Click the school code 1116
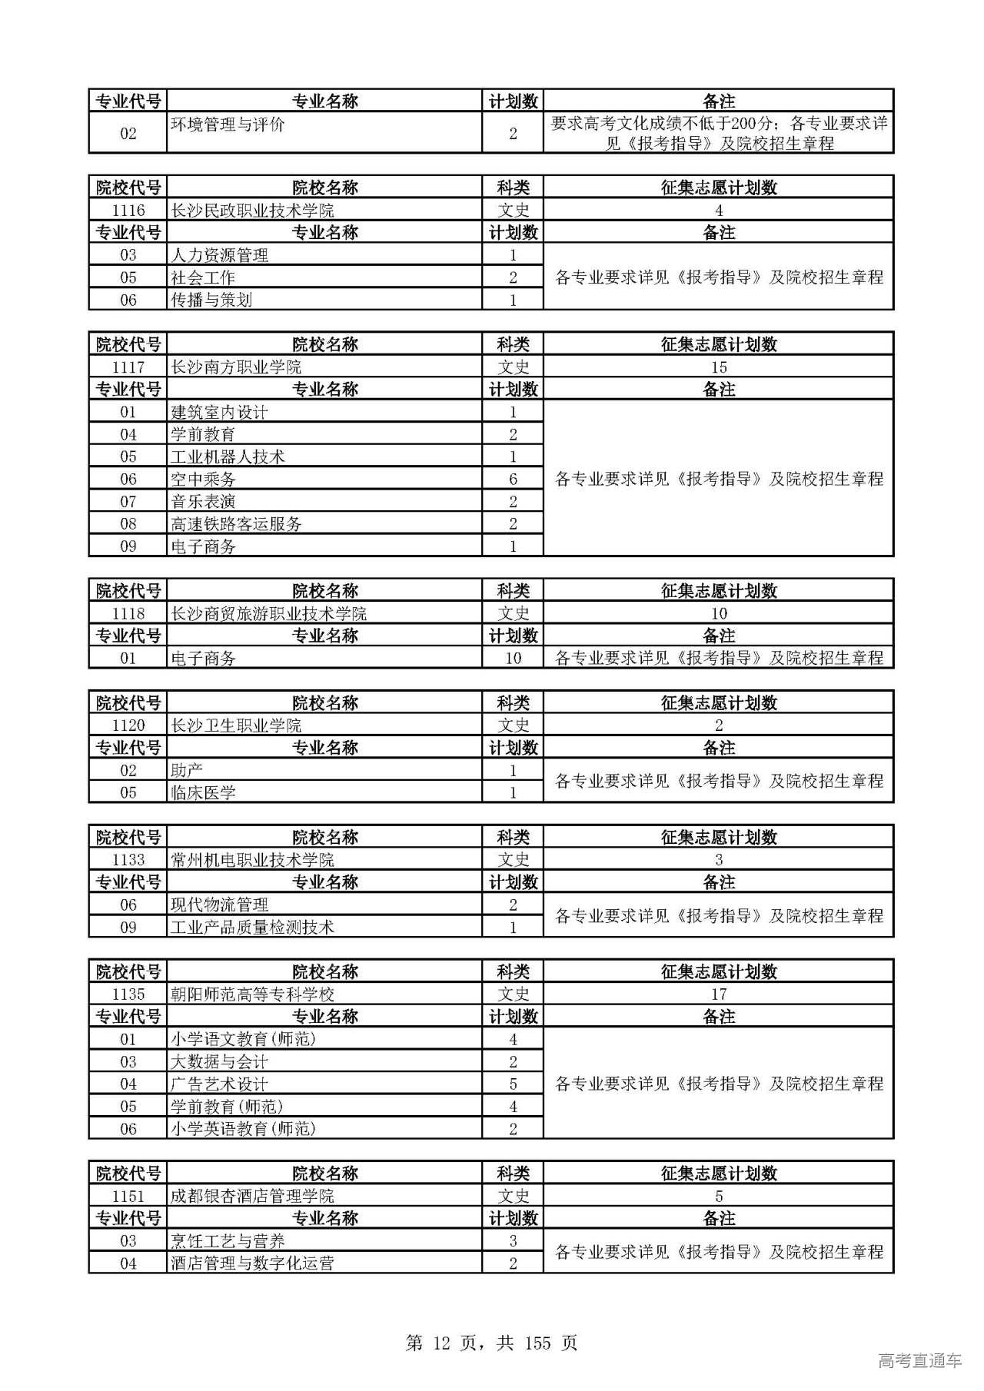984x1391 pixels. [x=128, y=211]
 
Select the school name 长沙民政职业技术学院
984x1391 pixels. [x=252, y=211]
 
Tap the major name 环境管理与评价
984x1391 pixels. [x=228, y=124]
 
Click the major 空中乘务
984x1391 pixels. [x=203, y=480]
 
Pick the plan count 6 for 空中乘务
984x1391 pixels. [x=513, y=480]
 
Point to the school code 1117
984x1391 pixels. [x=128, y=367]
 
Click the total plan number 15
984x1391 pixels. [x=718, y=367]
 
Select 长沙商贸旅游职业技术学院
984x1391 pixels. [x=268, y=614]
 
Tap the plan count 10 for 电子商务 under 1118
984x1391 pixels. [x=513, y=659]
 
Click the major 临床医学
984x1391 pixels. [x=203, y=793]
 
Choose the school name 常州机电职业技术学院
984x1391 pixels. [x=252, y=860]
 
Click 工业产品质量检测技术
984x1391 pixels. [x=252, y=928]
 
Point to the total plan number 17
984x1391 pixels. [x=718, y=994]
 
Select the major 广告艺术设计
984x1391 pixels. [x=219, y=1084]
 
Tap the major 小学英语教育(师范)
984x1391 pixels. [x=243, y=1129]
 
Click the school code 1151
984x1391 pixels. [x=128, y=1197]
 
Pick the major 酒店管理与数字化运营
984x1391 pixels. [x=252, y=1263]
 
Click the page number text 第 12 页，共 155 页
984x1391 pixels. [x=491, y=1343]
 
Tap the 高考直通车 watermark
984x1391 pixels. [x=919, y=1361]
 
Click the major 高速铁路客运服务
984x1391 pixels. [x=236, y=524]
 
